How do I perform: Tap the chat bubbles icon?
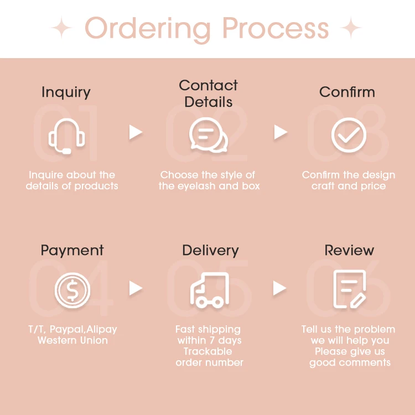208,134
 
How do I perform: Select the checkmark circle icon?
349,134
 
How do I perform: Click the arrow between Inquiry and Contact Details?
136,132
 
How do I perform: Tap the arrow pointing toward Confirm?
281,132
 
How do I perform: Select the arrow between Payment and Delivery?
136,288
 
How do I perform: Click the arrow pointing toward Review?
280,288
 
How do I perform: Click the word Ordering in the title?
148,28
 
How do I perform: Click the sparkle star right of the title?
351,28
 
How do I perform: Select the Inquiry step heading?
66,92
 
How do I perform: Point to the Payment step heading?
72,250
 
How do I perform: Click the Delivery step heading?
210,251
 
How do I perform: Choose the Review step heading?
349,250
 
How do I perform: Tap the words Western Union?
72,340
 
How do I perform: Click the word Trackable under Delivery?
209,351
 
